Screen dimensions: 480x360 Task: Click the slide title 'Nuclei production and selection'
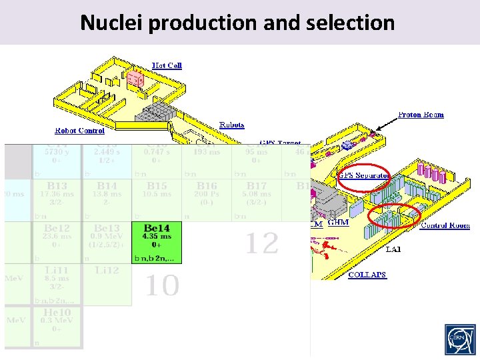pyautogui.click(x=237, y=23)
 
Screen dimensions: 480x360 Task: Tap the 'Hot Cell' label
pyautogui.click(x=167, y=65)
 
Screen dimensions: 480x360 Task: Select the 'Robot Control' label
pyautogui.click(x=79, y=131)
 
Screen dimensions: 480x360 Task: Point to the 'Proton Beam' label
pyautogui.click(x=421, y=115)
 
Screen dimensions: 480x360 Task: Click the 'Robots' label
pyautogui.click(x=232, y=125)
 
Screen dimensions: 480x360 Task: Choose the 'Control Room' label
pyautogui.click(x=445, y=225)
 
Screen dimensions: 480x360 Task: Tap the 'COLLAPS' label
pyautogui.click(x=367, y=275)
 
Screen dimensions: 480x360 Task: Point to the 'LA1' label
pyautogui.click(x=393, y=249)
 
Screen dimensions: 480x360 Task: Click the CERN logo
pyautogui.click(x=460, y=340)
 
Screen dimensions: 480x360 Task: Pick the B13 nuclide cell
pyautogui.click(x=58, y=199)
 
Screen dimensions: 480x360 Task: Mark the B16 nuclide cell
pyautogui.click(x=206, y=199)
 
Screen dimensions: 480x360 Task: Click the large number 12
pyautogui.click(x=261, y=244)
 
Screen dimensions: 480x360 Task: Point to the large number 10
pyautogui.click(x=162, y=287)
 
